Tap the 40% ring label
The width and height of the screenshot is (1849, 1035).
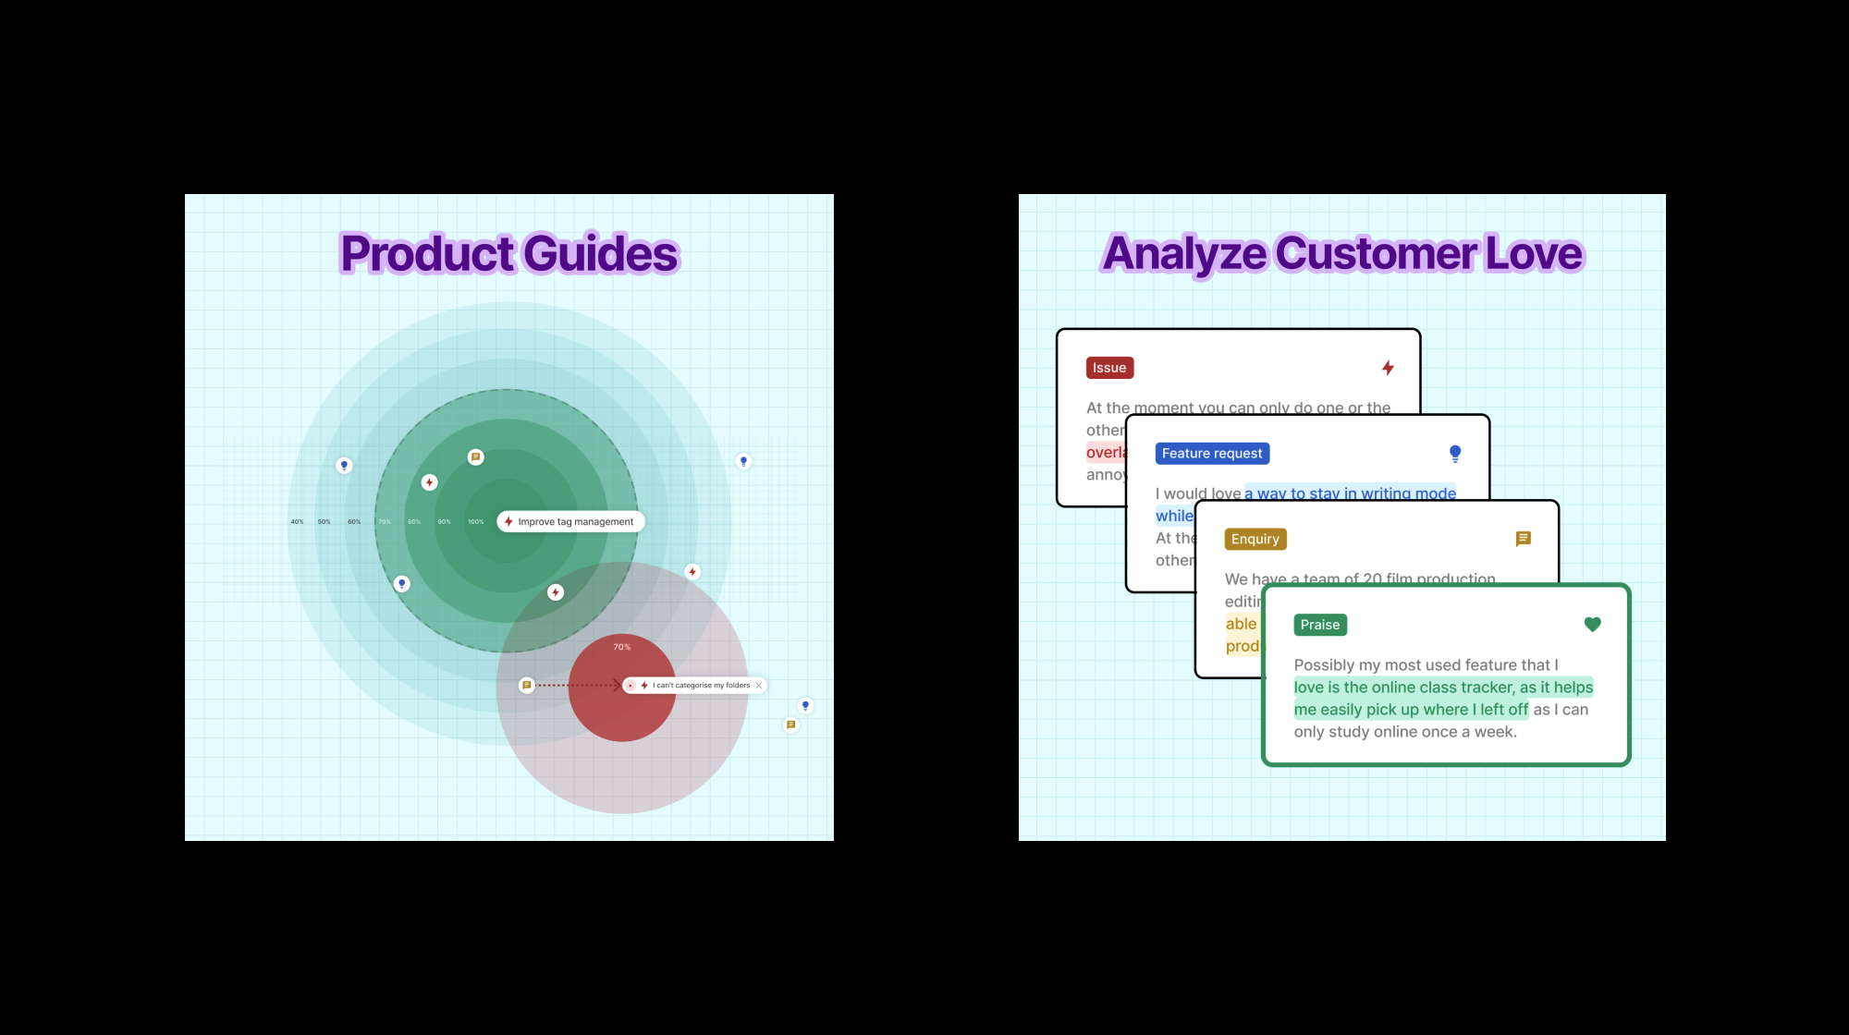297,522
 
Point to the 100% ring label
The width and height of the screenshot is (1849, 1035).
475,522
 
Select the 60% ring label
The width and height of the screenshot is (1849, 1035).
354,522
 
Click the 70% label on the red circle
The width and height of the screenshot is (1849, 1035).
622,647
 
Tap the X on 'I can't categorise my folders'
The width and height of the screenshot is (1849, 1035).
759,686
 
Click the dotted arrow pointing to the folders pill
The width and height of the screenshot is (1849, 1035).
579,686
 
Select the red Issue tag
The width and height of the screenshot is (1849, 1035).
1109,368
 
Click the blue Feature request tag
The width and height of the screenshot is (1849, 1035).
1212,454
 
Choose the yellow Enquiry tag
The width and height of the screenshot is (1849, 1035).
1255,540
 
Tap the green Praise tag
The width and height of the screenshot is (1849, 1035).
1320,626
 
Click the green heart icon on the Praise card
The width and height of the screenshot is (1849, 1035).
1592,625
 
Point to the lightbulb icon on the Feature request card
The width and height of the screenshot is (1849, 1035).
1455,454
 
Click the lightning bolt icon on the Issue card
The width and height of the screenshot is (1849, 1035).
1388,368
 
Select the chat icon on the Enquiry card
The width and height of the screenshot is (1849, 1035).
1524,539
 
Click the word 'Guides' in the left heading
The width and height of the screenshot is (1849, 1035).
602,254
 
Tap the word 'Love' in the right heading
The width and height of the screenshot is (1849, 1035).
1535,254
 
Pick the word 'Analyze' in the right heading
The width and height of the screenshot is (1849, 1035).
1184,254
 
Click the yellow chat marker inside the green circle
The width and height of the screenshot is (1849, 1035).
476,457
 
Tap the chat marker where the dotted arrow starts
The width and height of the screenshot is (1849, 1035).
527,686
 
